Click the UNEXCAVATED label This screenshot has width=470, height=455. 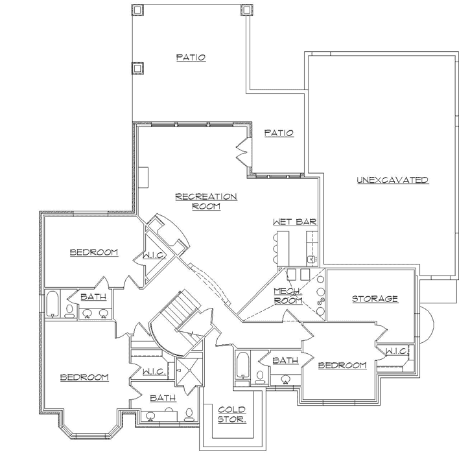click(392, 180)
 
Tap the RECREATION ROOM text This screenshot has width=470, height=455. click(206, 201)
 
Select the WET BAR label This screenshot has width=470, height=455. click(294, 222)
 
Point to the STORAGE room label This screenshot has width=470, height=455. click(374, 299)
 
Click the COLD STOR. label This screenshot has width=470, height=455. click(231, 414)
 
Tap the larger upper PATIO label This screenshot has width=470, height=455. click(191, 58)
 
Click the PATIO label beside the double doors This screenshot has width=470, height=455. click(279, 133)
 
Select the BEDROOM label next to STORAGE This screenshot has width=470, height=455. click(343, 366)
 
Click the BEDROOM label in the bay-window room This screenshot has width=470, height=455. click(84, 377)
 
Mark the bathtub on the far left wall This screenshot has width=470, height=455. click(52, 305)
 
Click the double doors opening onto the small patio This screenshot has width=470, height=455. click(242, 150)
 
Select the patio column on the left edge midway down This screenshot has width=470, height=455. click(137, 67)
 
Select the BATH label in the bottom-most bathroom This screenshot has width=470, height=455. click(162, 398)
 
